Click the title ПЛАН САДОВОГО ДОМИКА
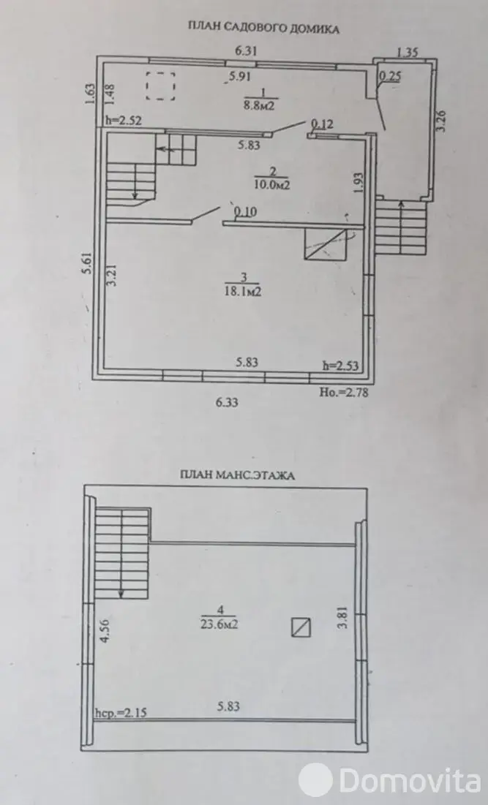click(263, 29)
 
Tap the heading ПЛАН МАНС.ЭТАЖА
click(237, 475)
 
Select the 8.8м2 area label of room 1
click(260, 106)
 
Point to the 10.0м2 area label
click(271, 184)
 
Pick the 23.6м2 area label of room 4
click(219, 624)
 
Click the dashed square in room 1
click(161, 86)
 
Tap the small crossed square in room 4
click(301, 627)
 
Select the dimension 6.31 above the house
click(246, 50)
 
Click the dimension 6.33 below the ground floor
click(227, 402)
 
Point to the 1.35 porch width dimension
click(408, 52)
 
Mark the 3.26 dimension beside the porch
click(442, 121)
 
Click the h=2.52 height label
click(124, 121)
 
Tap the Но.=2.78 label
click(344, 392)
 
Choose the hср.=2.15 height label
click(121, 713)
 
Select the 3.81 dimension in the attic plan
click(344, 617)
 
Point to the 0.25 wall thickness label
click(390, 77)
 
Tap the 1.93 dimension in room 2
click(359, 182)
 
